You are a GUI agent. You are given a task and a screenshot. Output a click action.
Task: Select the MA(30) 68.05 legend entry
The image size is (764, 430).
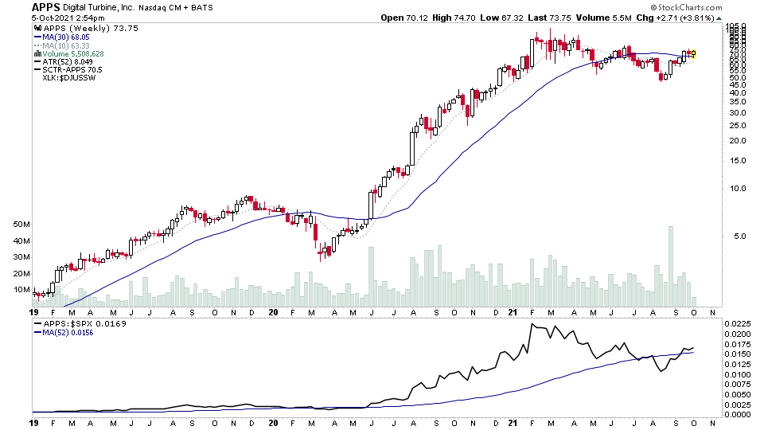[x=70, y=36]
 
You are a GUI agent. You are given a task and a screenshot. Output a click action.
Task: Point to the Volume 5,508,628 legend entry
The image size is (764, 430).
[x=76, y=53]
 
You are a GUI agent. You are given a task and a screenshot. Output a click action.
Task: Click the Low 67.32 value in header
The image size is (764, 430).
[x=501, y=18]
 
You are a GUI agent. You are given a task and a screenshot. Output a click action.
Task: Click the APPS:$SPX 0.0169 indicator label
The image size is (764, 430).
[x=74, y=324]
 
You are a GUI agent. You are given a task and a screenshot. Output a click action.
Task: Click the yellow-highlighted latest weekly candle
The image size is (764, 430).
[x=693, y=53]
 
